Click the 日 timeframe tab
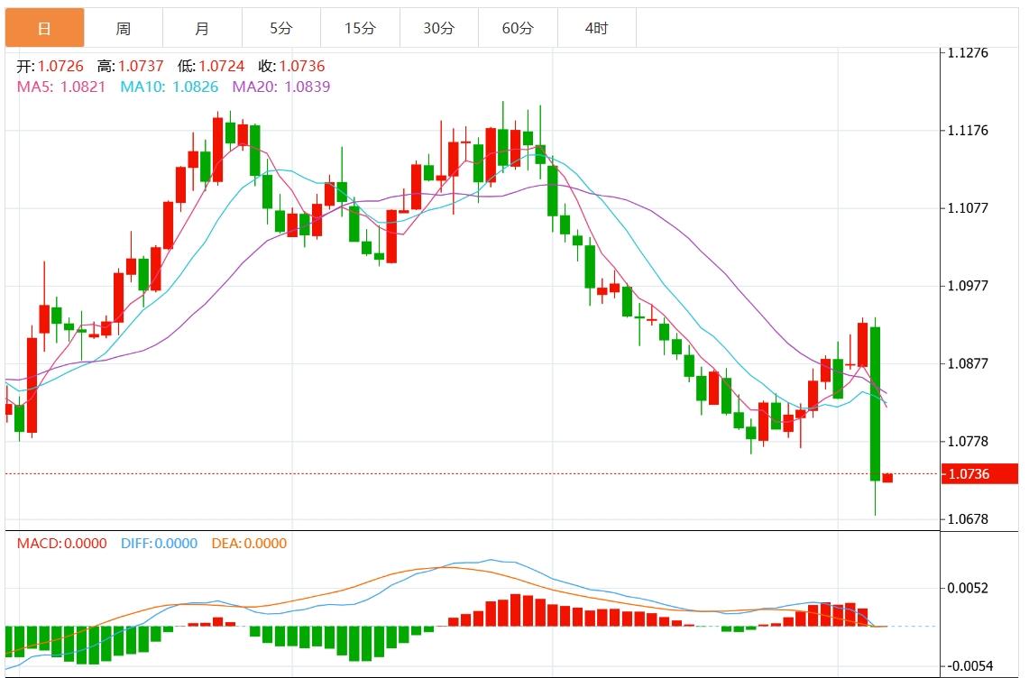click(x=44, y=28)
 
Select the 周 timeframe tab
click(x=123, y=28)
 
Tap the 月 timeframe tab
click(x=202, y=28)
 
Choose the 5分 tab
click(x=280, y=28)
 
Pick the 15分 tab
click(x=360, y=28)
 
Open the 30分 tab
click(x=439, y=28)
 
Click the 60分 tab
click(x=518, y=28)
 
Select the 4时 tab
click(x=596, y=28)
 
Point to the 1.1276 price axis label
click(x=968, y=52)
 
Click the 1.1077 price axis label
click(x=968, y=208)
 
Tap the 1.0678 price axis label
click(x=968, y=519)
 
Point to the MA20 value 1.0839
click(x=307, y=87)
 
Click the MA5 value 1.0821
click(x=84, y=87)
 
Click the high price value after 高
click(x=142, y=67)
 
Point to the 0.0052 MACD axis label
click(x=968, y=588)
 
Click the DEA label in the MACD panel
click(x=225, y=543)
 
